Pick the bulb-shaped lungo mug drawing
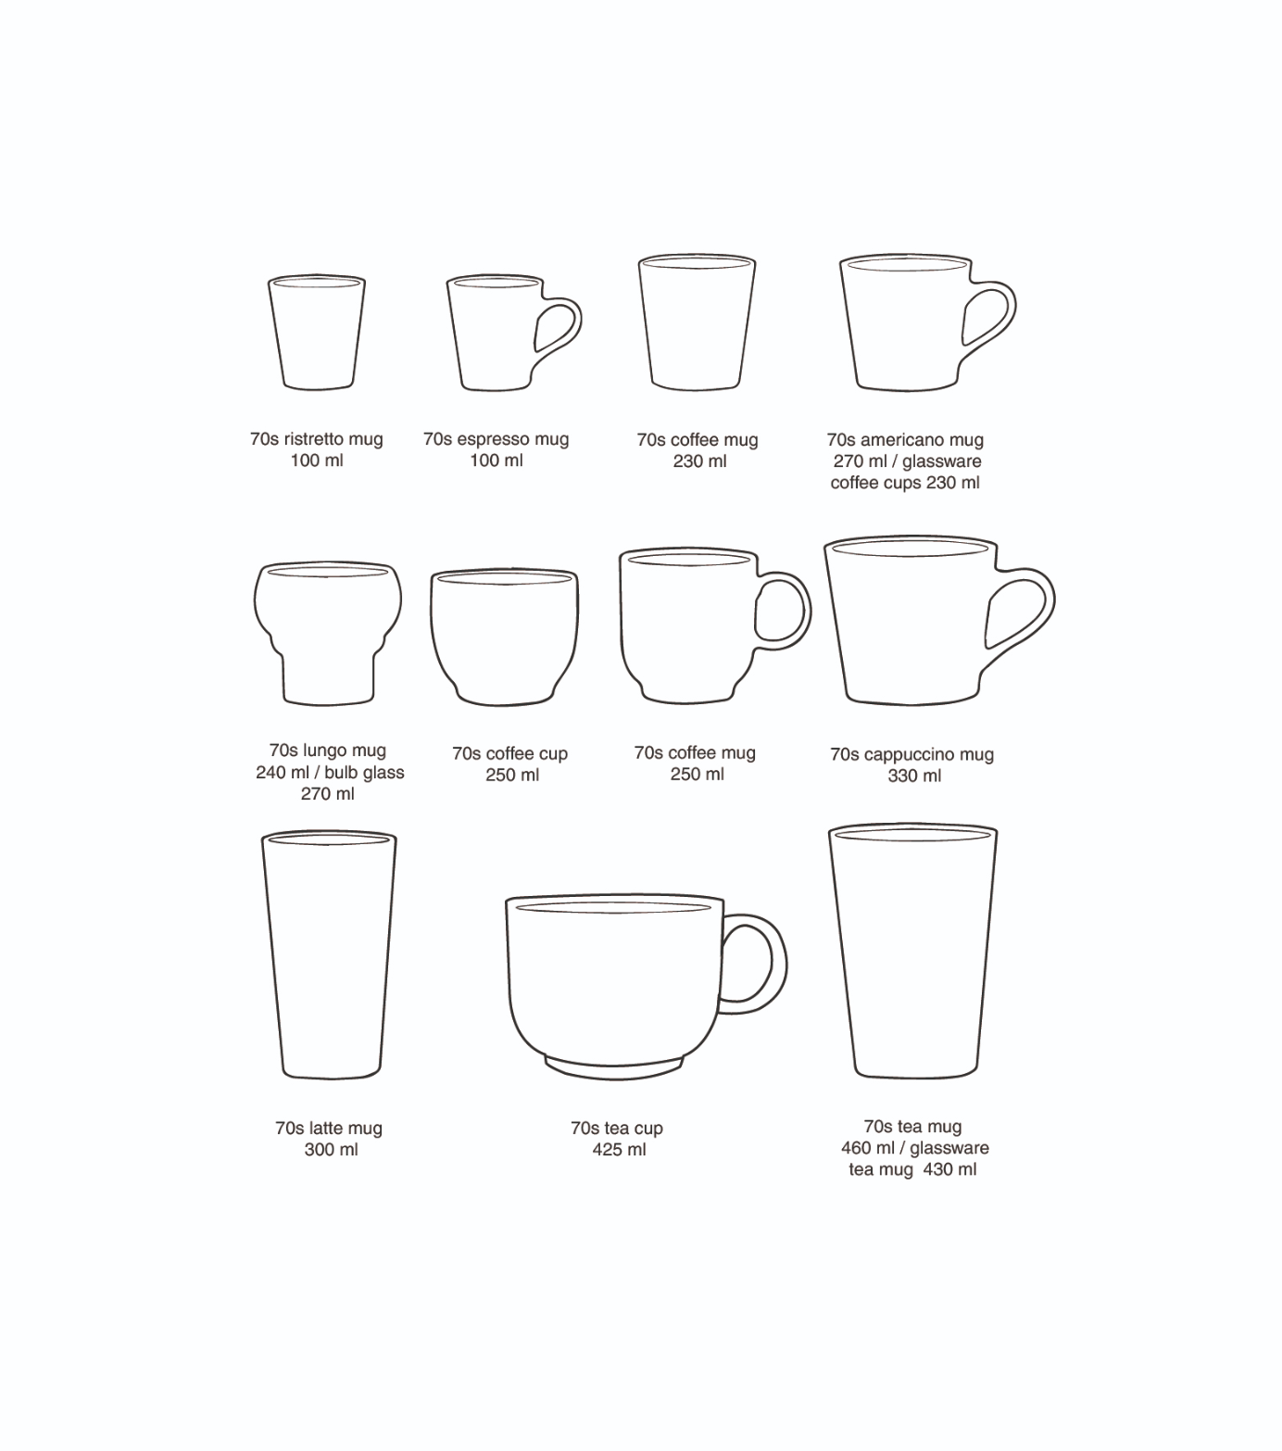[x=328, y=632]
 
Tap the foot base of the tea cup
[x=613, y=1068]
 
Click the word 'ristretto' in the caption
[x=313, y=439]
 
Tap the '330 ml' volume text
[x=914, y=776]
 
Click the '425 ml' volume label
[x=619, y=1150]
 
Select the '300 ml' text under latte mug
[x=331, y=1150]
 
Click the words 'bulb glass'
[x=364, y=772]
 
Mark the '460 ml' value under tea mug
[x=868, y=1148]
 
